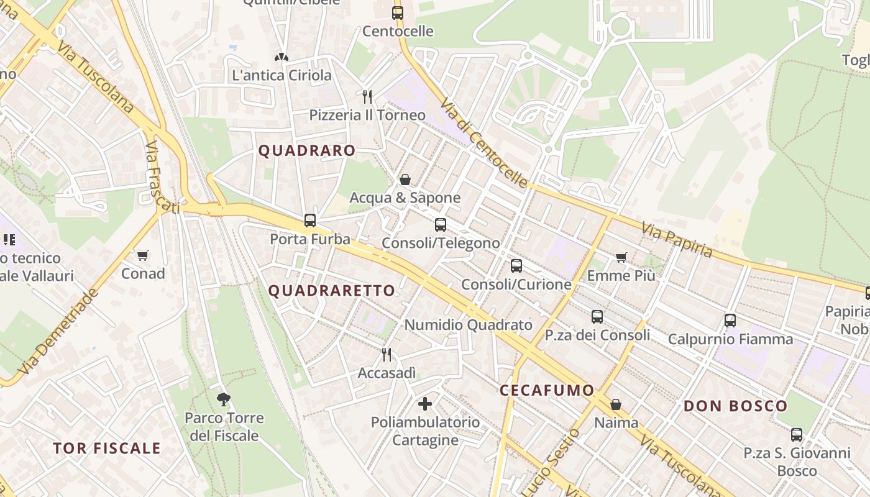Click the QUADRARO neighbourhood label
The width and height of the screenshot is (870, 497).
click(x=307, y=150)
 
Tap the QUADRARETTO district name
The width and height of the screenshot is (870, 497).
click(x=332, y=290)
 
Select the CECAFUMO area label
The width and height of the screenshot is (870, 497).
click(x=547, y=390)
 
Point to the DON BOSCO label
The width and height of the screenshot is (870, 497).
click(x=736, y=406)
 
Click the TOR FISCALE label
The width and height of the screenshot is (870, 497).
click(x=107, y=448)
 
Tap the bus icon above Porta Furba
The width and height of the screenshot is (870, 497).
click(x=310, y=220)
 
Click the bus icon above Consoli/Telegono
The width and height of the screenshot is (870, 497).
click(x=441, y=224)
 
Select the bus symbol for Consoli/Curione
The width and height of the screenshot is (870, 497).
click(x=516, y=266)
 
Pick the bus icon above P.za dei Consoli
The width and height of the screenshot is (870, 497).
click(x=597, y=316)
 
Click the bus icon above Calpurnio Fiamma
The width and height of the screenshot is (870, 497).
click(x=730, y=321)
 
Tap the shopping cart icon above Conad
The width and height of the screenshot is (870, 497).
click(x=143, y=255)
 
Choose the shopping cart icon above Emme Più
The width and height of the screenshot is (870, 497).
click(x=621, y=257)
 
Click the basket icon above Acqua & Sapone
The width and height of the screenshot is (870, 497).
click(x=405, y=180)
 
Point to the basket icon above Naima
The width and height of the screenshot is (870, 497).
click(x=616, y=404)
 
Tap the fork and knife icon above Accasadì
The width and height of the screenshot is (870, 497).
click(x=387, y=354)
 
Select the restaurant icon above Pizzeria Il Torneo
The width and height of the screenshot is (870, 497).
click(x=367, y=96)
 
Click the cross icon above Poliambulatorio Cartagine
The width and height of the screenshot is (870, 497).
click(x=425, y=404)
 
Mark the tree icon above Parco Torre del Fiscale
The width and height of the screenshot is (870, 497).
click(x=224, y=399)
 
